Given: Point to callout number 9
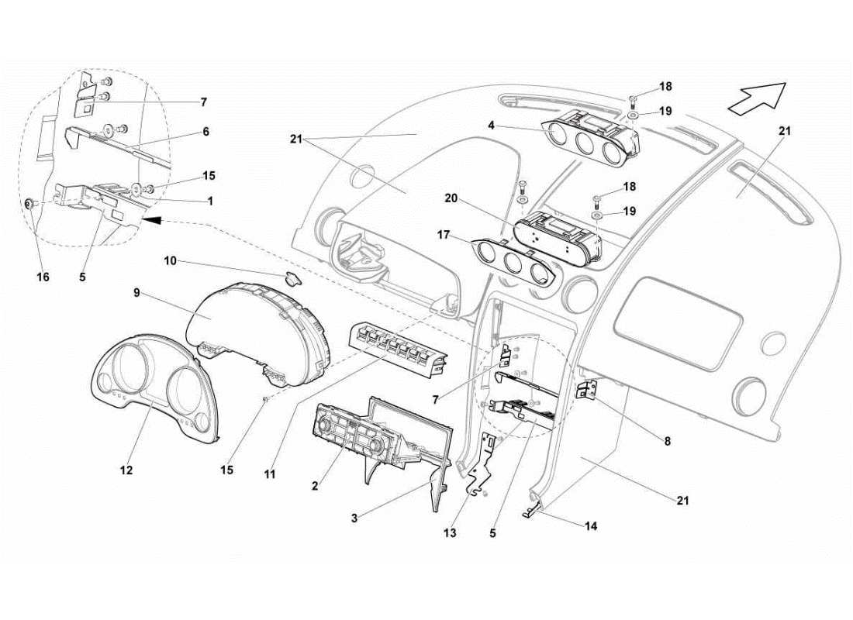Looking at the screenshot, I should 136,293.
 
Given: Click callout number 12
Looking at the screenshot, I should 126,470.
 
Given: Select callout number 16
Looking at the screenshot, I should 43,276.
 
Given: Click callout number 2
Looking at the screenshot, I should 315,486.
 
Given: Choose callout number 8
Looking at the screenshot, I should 666,441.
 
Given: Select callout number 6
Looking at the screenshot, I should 206,132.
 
